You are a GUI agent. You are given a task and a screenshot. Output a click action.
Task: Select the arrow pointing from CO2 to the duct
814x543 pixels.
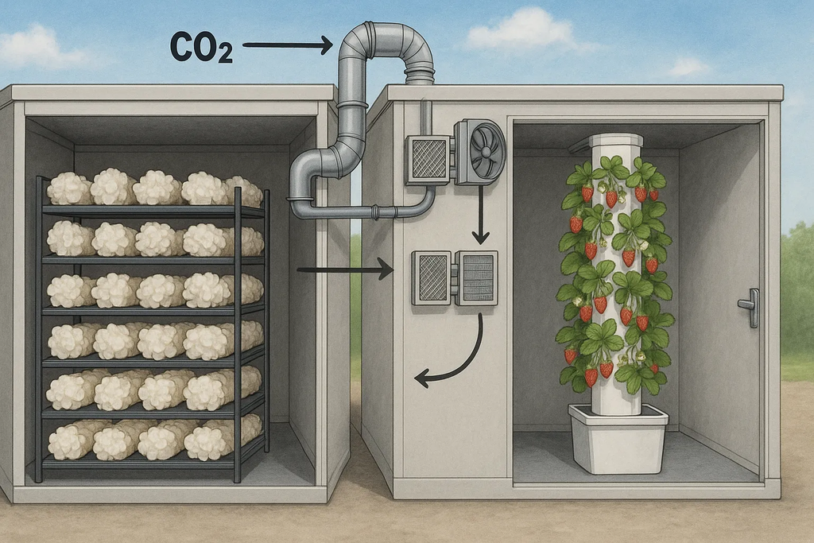click(x=287, y=45)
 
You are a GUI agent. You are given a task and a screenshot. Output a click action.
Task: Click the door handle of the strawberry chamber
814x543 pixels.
click(x=749, y=307)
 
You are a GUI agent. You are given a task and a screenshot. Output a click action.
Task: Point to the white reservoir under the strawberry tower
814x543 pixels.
click(x=618, y=438)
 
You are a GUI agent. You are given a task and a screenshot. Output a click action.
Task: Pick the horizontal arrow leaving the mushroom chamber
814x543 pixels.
click(x=344, y=270)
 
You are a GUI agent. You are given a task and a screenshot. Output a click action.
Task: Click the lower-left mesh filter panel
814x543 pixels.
click(x=431, y=277)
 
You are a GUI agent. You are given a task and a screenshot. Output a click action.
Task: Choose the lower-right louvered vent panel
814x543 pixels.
click(x=476, y=277)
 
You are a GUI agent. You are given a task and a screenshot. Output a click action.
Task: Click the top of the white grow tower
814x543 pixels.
click(x=615, y=141)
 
